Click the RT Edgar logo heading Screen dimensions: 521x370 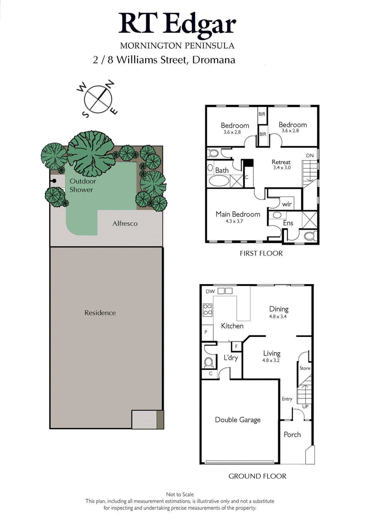point(177,24)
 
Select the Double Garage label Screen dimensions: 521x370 point(238,420)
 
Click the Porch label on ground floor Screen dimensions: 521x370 point(292,434)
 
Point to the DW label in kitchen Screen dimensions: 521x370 point(210,291)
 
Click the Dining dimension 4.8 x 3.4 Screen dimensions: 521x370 point(279,317)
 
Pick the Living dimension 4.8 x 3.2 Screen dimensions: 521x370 point(271,360)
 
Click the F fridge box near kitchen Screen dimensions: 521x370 point(236,346)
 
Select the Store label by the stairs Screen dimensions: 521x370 point(304,368)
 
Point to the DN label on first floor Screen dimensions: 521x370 point(311,156)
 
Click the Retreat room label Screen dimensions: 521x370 point(281,162)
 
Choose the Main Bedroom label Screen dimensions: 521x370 point(238,214)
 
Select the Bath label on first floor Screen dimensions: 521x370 point(222,170)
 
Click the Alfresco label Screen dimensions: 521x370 point(125,223)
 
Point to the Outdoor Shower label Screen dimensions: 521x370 point(81,186)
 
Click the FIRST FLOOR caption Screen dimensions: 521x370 point(261,254)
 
